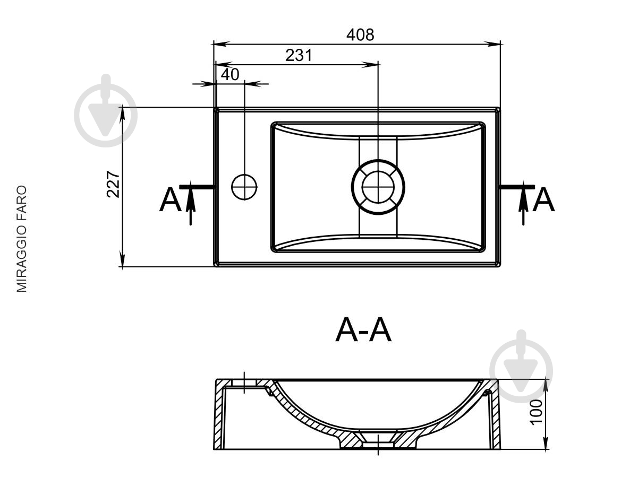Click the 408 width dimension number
tap(360, 35)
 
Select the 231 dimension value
tap(299, 55)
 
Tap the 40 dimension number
tap(230, 74)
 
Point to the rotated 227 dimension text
tap(113, 184)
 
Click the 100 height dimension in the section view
tap(536, 412)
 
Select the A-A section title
tap(363, 331)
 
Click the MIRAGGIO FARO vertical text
tap(22, 239)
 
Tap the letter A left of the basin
tap(170, 199)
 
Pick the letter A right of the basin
tap(543, 199)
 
